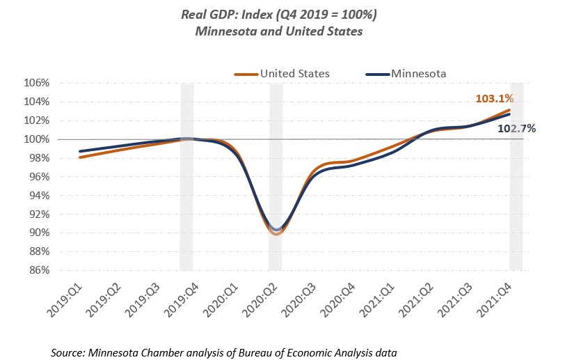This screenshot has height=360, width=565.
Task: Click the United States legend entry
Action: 291,73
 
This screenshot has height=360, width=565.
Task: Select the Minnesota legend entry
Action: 418,73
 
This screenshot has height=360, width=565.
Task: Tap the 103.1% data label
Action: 494,100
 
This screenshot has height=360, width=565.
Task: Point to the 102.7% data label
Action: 516,128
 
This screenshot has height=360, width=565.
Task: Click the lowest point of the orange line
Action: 276,233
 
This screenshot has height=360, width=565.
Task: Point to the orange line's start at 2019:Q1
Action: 79,157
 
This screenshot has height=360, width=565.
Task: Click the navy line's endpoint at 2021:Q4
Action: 509,114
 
